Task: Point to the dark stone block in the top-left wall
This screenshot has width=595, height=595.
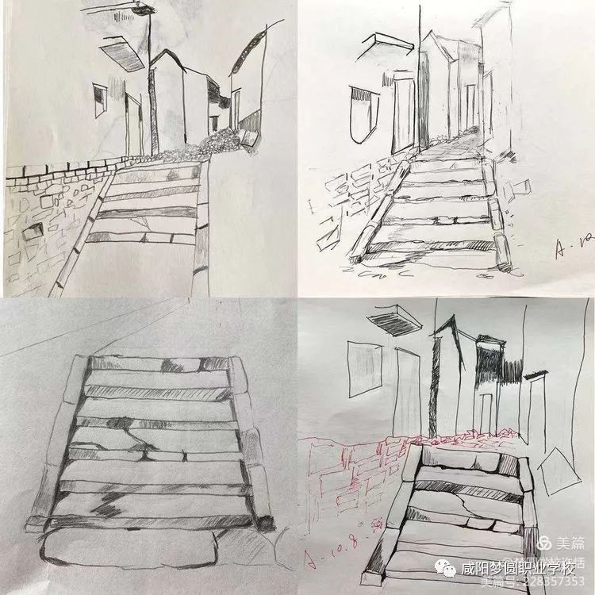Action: pos(33,231)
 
